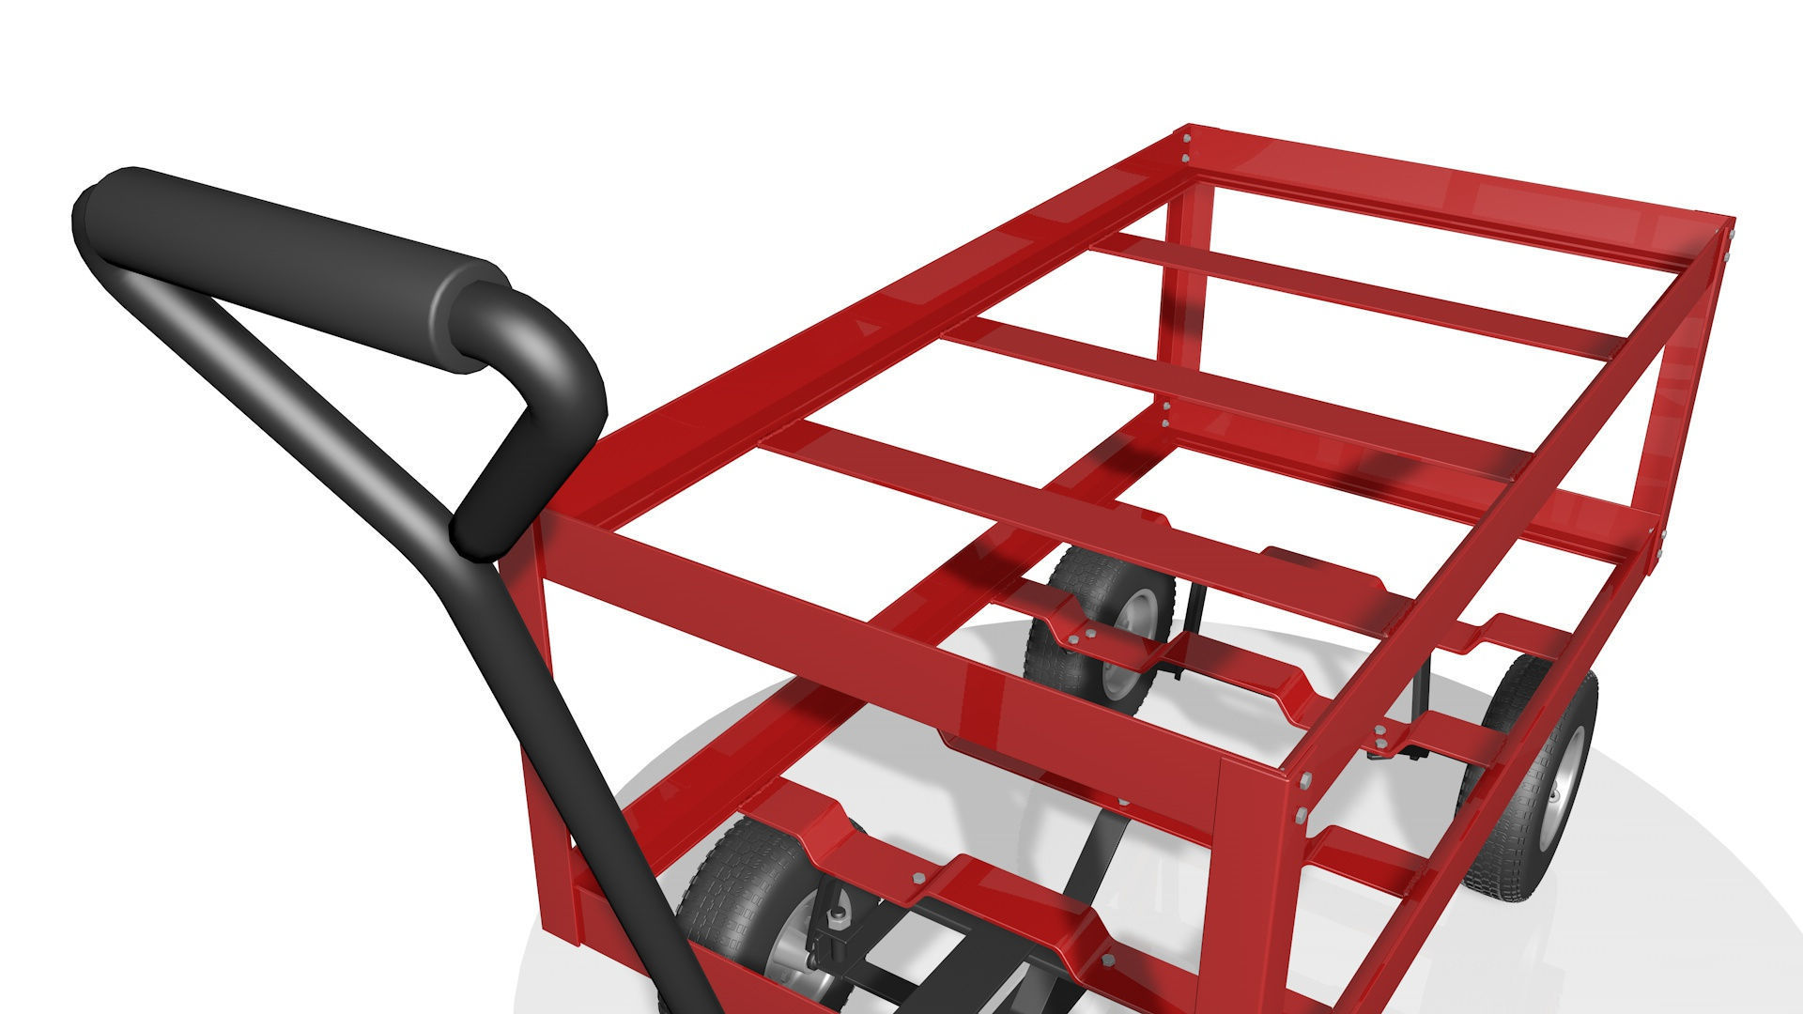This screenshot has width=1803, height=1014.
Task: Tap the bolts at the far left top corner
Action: click(x=1187, y=150)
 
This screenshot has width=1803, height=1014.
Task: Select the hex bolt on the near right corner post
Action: click(x=1302, y=780)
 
